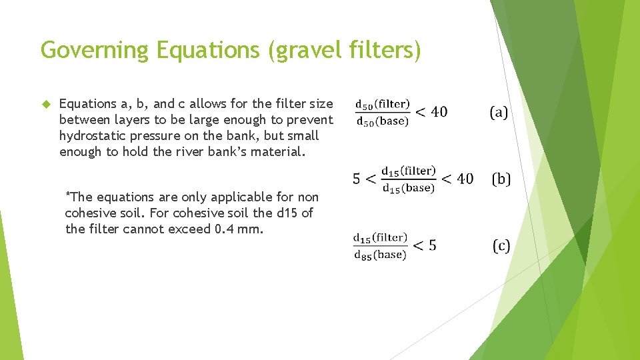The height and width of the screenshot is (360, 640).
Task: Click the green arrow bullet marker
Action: [x=46, y=104]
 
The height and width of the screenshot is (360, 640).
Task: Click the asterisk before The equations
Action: [x=67, y=195]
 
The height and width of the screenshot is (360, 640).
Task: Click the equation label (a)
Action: [x=499, y=112]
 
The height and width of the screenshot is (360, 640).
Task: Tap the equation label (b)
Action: [x=501, y=179]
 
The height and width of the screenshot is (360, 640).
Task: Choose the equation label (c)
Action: [x=501, y=246]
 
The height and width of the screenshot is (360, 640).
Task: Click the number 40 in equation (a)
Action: [x=439, y=112]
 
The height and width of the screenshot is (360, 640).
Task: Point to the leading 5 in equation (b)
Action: [x=356, y=179]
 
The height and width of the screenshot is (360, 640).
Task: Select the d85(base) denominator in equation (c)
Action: [x=380, y=255]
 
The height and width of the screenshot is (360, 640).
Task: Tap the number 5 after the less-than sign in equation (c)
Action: [x=432, y=246]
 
